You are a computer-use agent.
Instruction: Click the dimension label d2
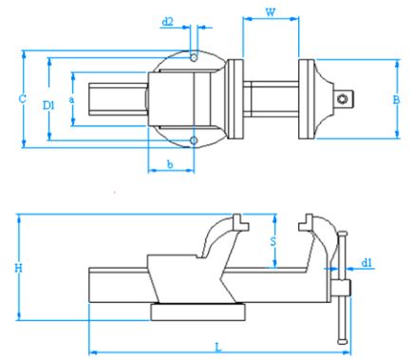(x=168, y=21)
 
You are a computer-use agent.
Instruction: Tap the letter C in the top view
(x=9, y=98)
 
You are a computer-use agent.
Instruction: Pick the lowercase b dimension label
(x=170, y=165)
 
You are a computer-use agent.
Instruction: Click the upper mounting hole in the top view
(x=194, y=58)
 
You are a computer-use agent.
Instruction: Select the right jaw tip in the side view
(x=305, y=225)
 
